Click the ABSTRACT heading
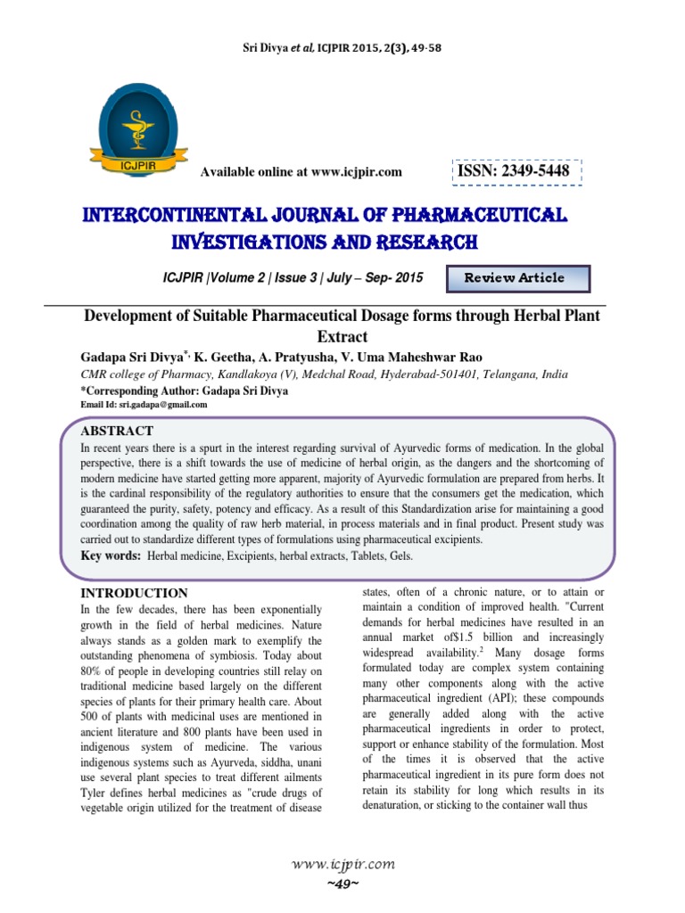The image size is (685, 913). [117, 431]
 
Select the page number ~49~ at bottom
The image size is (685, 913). [342, 882]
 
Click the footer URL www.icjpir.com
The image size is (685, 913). [342, 864]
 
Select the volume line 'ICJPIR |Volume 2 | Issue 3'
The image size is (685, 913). [241, 277]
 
